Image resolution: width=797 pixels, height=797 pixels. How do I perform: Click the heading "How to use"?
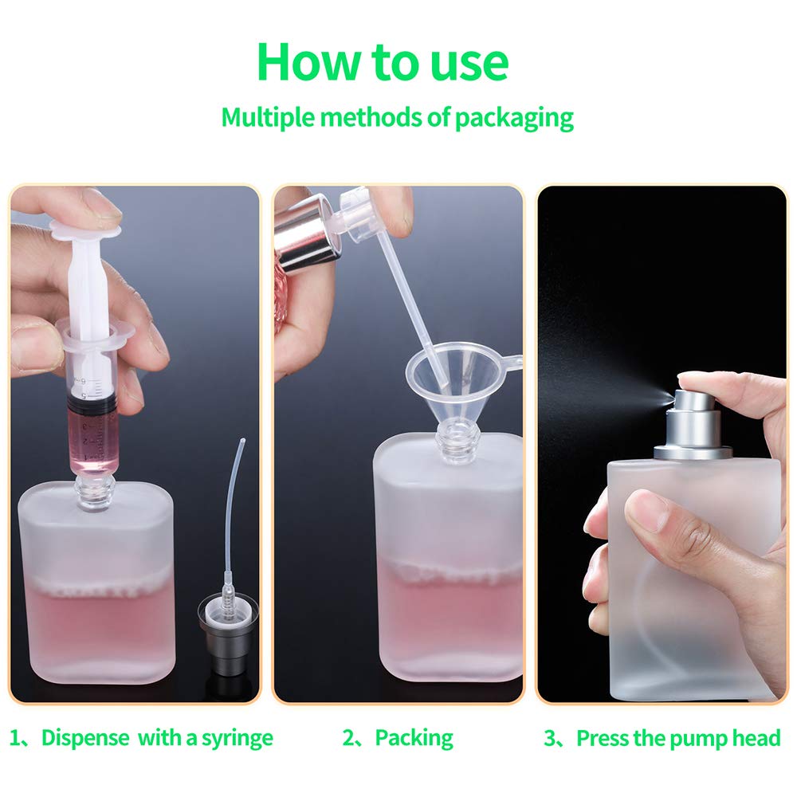click(382, 61)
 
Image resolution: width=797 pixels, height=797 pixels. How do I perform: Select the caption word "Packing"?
click(414, 737)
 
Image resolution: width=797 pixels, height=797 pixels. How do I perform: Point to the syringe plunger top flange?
click(85, 231)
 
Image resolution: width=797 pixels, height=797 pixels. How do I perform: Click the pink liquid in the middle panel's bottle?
click(446, 614)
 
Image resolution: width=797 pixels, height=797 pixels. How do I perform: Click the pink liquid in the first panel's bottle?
click(96, 630)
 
